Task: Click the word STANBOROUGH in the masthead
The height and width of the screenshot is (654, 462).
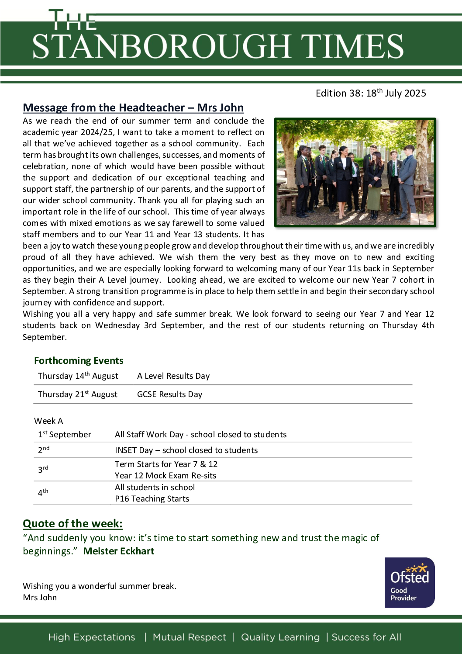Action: click(x=161, y=46)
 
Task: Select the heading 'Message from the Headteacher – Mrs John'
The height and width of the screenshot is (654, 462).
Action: click(x=133, y=107)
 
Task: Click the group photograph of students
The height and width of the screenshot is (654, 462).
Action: click(x=355, y=172)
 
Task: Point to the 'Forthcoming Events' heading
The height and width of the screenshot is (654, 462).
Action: click(x=79, y=360)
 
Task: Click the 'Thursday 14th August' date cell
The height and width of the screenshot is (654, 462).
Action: click(x=78, y=376)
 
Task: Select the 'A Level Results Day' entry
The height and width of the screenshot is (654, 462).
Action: click(x=173, y=376)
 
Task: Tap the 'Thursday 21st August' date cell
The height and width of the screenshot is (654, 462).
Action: click(x=77, y=394)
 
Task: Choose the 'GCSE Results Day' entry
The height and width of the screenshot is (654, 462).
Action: click(x=169, y=394)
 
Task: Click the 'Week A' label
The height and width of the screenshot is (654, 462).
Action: click(x=48, y=421)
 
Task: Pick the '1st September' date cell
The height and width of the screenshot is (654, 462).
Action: click(x=65, y=434)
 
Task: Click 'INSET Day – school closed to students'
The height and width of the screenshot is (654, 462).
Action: click(x=186, y=450)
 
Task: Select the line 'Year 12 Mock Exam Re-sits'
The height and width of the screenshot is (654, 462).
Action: click(x=165, y=475)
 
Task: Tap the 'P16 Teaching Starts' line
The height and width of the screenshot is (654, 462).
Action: click(x=152, y=498)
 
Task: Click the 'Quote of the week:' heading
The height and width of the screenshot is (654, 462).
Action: click(x=72, y=523)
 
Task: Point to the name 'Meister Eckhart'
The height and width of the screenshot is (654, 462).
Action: click(x=119, y=551)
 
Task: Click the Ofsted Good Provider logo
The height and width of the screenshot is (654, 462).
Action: click(x=409, y=582)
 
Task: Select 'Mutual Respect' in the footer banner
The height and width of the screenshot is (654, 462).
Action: click(x=190, y=637)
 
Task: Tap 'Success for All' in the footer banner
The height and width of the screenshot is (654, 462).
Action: click(x=366, y=637)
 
